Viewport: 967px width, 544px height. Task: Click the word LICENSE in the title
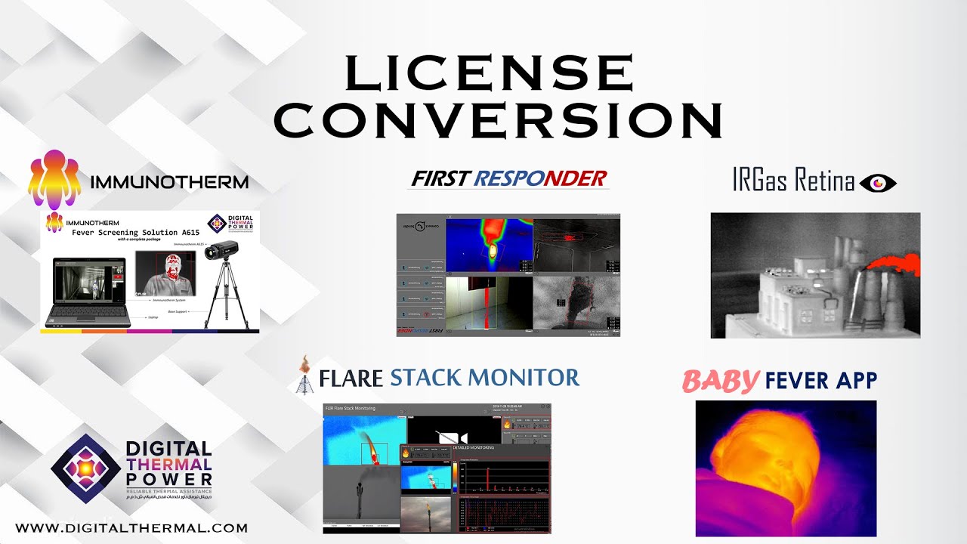489,73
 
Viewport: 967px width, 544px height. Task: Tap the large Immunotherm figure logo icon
54,178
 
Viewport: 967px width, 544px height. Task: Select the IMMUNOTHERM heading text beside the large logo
169,182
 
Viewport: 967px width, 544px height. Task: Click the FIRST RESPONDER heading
508,178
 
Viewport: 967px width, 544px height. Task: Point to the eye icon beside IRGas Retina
878,182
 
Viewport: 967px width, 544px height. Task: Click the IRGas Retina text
793,181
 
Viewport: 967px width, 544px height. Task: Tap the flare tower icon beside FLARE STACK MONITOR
304,375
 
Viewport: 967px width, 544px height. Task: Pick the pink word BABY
720,381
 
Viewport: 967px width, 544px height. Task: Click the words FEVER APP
820,380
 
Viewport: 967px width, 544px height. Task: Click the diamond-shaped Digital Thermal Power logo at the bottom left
85,468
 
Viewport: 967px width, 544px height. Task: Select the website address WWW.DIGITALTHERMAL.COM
131,528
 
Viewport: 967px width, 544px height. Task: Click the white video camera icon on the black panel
453,437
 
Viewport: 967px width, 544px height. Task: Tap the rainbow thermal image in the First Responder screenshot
489,246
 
